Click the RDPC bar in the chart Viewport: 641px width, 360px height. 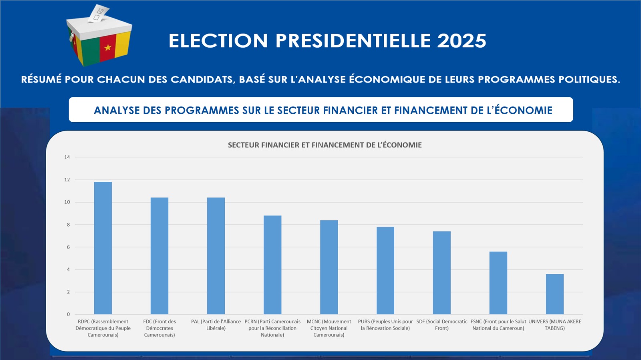103,248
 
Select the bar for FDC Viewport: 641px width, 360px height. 159,256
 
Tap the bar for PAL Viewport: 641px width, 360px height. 216,256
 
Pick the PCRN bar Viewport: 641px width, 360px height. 272,265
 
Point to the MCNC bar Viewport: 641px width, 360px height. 329,267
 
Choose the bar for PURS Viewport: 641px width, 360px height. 385,270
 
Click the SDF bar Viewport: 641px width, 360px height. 442,273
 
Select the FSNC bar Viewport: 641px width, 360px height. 498,283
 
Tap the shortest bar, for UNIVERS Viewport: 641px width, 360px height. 555,294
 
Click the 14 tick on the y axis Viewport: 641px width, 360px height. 67,157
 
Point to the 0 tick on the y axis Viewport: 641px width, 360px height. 68,314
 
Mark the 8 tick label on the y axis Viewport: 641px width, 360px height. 68,225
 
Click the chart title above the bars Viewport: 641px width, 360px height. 325,145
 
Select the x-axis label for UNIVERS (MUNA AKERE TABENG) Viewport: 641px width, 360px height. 555,325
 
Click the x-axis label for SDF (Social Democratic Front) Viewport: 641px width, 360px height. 442,325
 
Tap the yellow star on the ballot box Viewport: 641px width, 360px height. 108,48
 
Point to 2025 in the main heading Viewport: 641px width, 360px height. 462,41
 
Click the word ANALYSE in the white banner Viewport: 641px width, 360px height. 117,111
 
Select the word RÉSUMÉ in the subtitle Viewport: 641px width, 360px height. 41,79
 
